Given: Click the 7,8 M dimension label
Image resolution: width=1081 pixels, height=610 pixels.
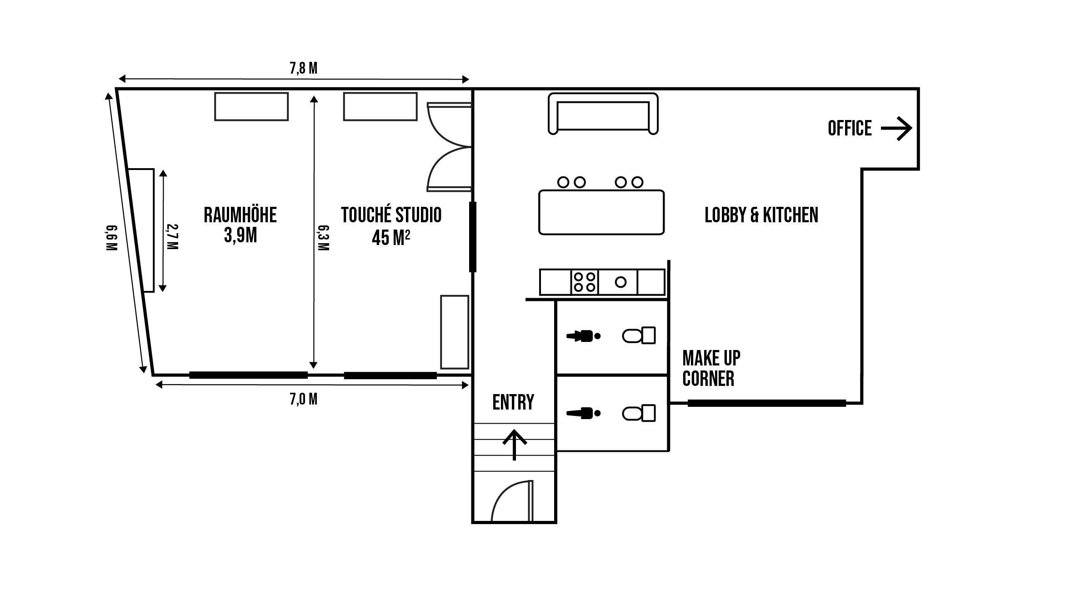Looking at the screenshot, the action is point(303,69).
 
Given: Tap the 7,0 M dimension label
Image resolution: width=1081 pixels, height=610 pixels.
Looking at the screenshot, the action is point(303,399).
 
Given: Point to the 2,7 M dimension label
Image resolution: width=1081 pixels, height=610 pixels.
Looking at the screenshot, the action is point(173,237).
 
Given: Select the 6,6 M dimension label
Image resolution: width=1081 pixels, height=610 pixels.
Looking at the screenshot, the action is point(111,238).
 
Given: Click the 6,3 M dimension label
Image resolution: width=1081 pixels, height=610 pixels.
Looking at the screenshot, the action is point(323,238).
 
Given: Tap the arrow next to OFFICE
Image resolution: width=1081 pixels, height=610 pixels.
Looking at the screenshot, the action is point(896,129).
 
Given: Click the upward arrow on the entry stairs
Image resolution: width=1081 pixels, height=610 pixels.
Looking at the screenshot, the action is point(514,445).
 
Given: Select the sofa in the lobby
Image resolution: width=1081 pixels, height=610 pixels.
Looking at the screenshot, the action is point(603,114).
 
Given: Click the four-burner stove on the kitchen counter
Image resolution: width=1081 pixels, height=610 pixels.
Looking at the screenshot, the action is point(584,282).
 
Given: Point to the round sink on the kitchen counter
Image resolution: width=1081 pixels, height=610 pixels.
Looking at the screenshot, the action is point(621,282).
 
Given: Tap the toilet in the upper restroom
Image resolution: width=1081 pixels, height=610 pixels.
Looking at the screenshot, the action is point(639,336).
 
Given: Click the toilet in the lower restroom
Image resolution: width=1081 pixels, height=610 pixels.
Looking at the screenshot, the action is point(639,414).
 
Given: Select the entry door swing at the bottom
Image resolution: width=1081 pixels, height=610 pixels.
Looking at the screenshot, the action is point(511,501).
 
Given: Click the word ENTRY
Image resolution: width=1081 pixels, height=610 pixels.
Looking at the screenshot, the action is point(513,402).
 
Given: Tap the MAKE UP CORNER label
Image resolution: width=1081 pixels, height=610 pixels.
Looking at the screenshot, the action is point(711,369).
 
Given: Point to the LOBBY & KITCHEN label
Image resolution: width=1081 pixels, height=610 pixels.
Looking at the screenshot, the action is point(761,215).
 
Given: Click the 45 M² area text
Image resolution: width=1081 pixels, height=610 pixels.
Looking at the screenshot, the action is point(391,237).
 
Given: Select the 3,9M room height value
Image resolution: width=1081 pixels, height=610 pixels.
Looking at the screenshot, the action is point(240,235).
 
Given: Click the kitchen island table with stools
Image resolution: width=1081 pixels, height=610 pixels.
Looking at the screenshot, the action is point(601,212).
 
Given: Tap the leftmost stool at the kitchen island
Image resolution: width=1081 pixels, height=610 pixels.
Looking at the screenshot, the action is point(563,182).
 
